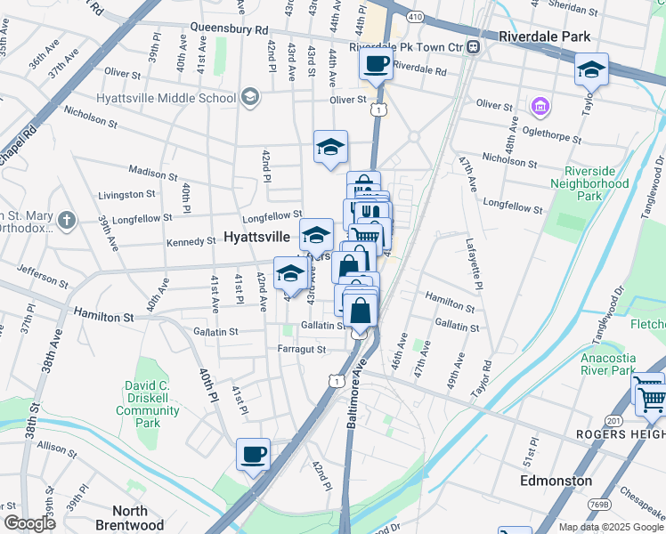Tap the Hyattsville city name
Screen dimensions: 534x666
[256, 238]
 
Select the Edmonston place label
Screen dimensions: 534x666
[556, 481]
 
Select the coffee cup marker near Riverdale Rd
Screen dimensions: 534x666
[376, 64]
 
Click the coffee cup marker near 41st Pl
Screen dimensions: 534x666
[253, 455]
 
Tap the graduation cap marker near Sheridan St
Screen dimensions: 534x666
[591, 69]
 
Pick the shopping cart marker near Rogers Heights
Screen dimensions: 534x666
[650, 398]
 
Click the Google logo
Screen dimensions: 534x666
[29, 523]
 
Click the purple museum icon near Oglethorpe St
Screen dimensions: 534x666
[539, 108]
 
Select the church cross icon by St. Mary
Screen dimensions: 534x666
[66, 219]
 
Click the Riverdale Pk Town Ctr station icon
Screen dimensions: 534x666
[475, 46]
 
